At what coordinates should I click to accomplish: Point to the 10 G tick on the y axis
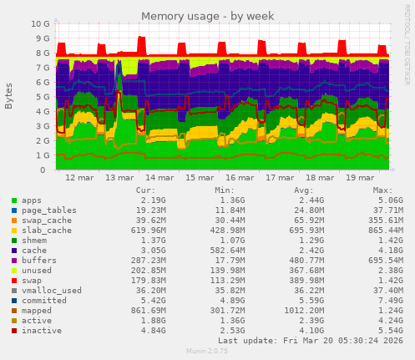[40, 24]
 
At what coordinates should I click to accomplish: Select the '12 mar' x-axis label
[79, 178]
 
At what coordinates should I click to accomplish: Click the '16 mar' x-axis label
[240, 178]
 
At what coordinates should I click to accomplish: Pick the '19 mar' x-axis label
[362, 178]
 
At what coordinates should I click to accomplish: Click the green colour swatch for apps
[14, 201]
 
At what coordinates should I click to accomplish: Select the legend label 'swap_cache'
[48, 220]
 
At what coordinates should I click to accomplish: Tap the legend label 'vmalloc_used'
[52, 290]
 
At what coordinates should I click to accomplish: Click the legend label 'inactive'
[43, 330]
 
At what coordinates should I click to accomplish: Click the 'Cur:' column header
[145, 190]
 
